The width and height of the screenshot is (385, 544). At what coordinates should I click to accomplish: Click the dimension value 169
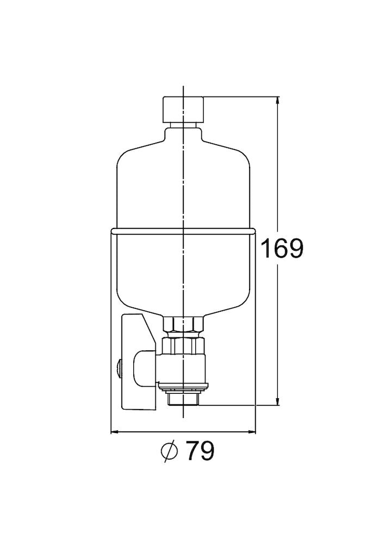281,249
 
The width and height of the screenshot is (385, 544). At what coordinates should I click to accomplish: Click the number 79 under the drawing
200,450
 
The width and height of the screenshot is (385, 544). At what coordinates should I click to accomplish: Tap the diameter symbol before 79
170,451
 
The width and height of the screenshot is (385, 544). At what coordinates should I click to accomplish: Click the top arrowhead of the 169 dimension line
278,102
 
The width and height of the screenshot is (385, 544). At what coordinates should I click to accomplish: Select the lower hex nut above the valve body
184,345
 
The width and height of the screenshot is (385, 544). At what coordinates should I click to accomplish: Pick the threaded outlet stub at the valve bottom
184,399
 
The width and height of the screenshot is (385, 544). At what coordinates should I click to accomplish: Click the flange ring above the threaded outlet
184,387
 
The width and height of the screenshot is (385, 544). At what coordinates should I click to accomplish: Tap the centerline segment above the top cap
184,91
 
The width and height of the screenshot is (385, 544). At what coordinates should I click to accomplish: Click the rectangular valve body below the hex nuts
185,367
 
